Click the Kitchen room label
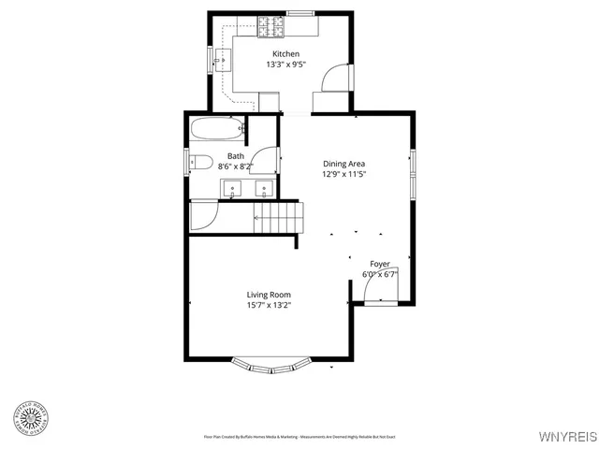[285, 54]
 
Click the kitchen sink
[223, 63]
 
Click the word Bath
[236, 155]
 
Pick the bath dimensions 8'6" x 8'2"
[236, 167]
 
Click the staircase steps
[279, 219]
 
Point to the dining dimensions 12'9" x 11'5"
[343, 174]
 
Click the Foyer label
[380, 264]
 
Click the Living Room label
[269, 295]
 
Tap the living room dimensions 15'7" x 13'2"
[269, 306]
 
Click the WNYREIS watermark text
[567, 437]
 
